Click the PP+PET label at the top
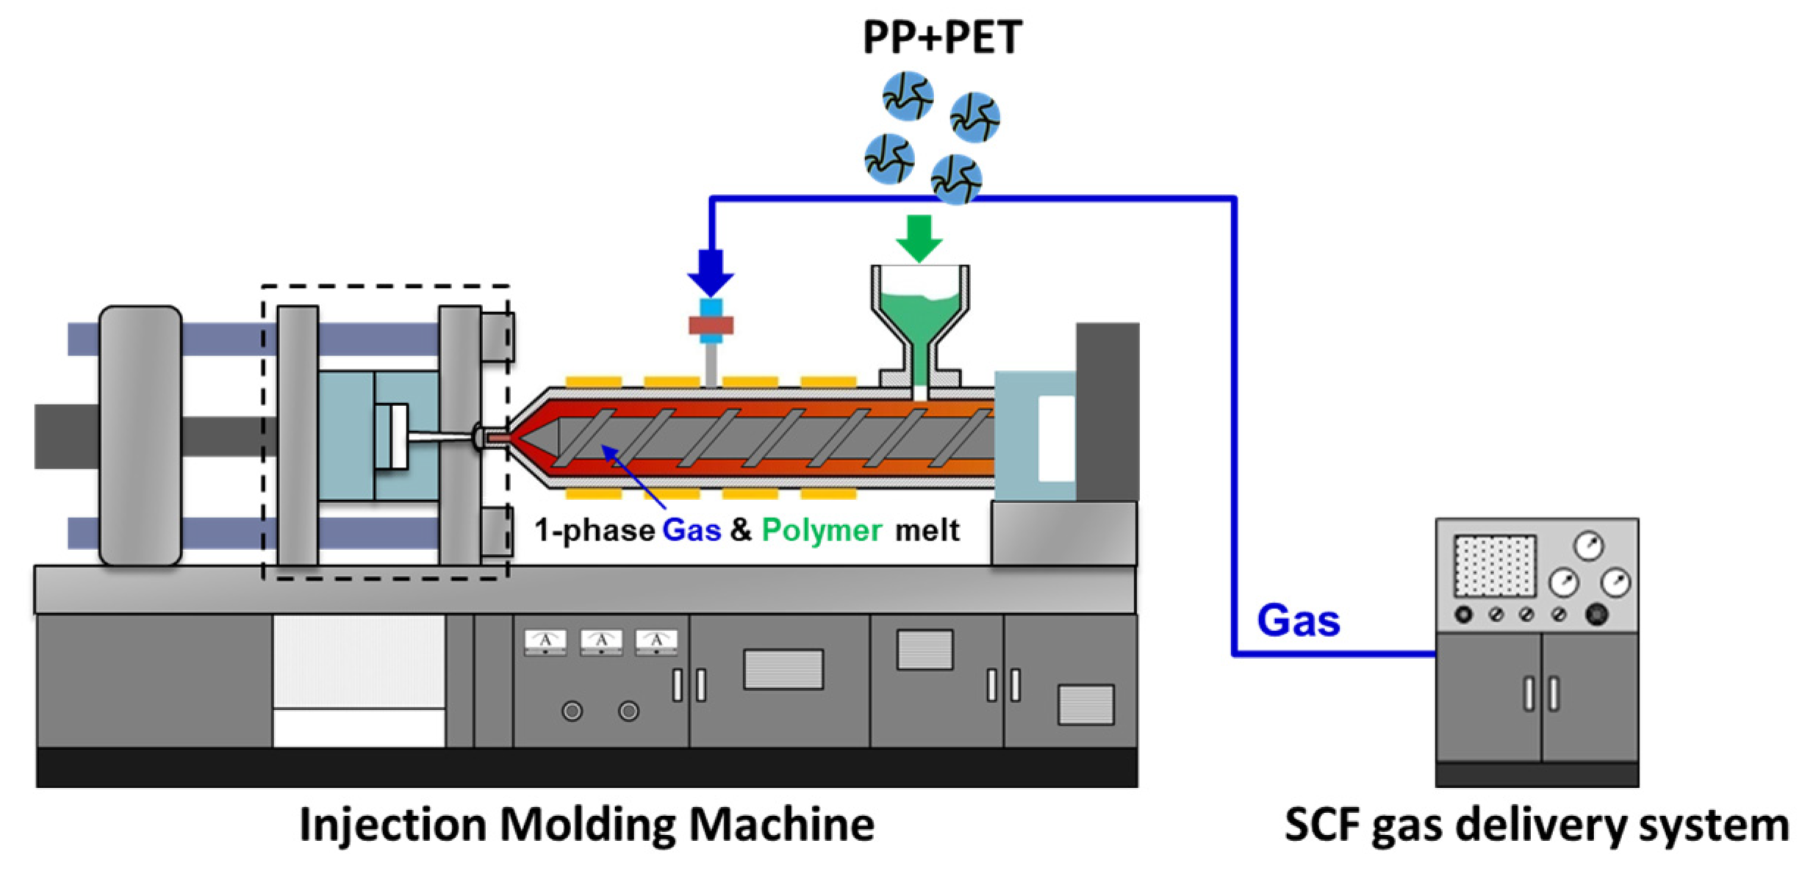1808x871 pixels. [942, 37]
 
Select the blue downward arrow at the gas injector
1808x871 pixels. [711, 272]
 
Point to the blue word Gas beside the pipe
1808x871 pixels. [1299, 621]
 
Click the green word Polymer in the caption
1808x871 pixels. [821, 530]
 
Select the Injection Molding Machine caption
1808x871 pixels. [586, 824]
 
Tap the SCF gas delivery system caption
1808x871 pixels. [1536, 824]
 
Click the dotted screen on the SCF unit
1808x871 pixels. [1495, 565]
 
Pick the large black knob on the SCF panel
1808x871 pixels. [1596, 614]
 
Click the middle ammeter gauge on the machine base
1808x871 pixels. [601, 642]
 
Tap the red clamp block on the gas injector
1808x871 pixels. [711, 325]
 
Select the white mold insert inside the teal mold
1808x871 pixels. [391, 436]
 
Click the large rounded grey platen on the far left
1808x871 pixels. [140, 436]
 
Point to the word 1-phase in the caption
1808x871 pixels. [594, 530]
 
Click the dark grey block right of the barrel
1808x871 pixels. [1108, 411]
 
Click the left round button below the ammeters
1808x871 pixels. [572, 711]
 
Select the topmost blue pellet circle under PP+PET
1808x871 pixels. [908, 95]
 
